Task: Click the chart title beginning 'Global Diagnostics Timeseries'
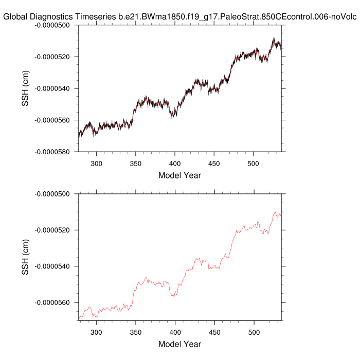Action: tap(179, 16)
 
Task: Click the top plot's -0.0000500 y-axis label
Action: tap(54, 25)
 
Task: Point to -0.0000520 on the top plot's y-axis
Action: tap(54, 57)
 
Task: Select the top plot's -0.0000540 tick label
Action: tap(54, 88)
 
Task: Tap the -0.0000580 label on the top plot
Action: tap(54, 152)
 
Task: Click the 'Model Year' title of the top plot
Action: tap(179, 175)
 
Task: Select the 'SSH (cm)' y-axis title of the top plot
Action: tap(25, 88)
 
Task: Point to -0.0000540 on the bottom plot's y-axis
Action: tap(54, 266)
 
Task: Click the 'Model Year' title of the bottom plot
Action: tap(179, 344)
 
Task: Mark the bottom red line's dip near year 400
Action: tap(174, 297)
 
